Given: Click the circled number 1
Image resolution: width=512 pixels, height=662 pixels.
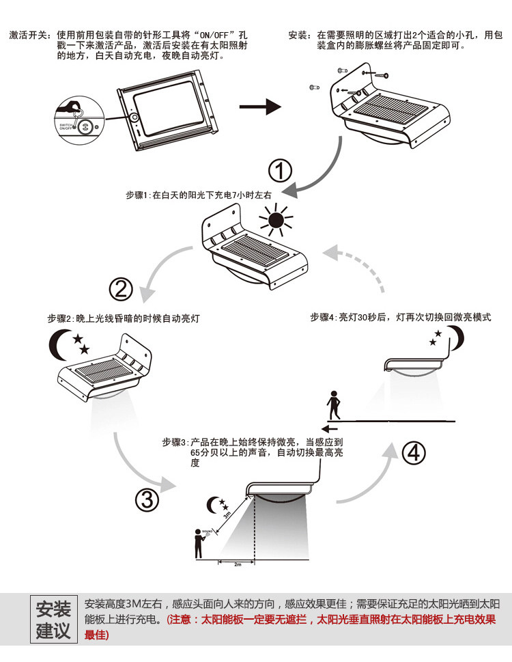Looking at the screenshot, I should click(280, 171).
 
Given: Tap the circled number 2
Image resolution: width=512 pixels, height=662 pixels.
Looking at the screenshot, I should click(121, 290).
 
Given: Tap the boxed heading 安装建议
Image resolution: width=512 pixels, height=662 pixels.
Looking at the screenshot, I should click(53, 619).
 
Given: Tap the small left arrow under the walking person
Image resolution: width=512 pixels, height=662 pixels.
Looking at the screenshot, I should click(330, 429).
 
